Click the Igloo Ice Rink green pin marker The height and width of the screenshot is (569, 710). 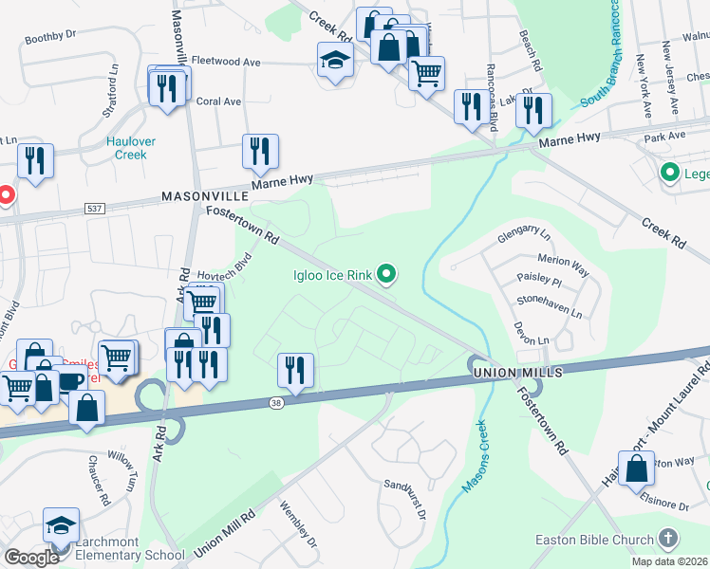[x=386, y=276]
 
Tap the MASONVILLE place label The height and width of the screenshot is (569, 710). [x=204, y=195]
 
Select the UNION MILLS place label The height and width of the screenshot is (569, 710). [x=517, y=374]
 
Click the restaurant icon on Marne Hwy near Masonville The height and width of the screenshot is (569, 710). [x=260, y=151]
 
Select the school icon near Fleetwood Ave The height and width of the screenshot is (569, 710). [x=334, y=61]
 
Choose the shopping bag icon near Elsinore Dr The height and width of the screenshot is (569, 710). [x=636, y=468]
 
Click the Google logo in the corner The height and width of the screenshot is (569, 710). [x=31, y=558]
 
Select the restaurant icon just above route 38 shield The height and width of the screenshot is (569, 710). [x=295, y=370]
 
